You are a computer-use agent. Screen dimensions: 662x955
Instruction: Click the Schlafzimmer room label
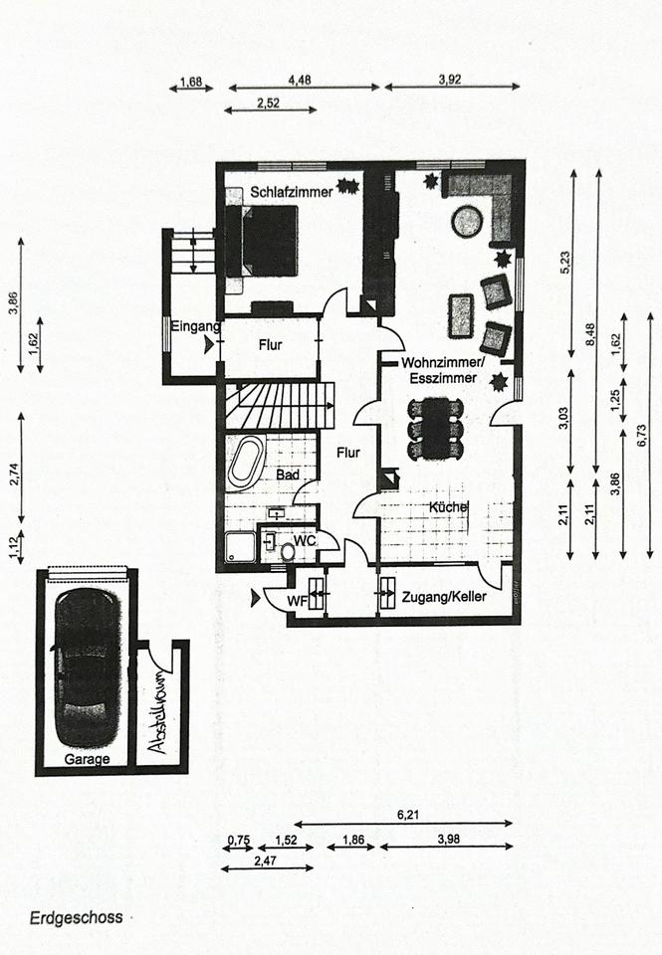(291, 191)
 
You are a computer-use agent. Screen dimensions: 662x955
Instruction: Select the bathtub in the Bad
(245, 463)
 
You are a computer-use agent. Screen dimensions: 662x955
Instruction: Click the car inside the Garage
(87, 667)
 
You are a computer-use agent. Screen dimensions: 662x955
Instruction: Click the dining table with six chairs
(436, 428)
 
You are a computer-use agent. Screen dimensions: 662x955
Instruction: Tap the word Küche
(448, 507)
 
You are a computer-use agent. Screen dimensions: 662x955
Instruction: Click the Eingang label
(193, 326)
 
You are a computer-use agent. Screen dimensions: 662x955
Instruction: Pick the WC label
(304, 540)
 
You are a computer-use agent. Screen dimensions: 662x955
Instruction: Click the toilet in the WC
(288, 550)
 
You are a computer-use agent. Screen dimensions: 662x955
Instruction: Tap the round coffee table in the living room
(466, 221)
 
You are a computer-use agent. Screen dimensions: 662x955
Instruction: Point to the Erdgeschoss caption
(76, 917)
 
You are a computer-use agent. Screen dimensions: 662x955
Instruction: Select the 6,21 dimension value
(407, 815)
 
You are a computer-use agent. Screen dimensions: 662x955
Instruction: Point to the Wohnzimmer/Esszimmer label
(442, 369)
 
